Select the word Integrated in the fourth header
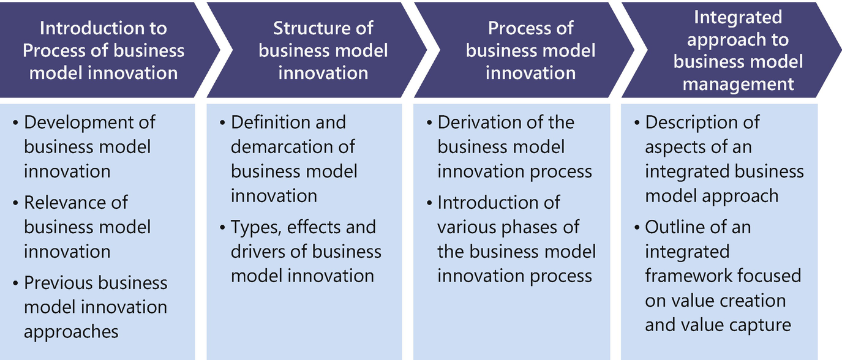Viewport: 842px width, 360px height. [x=738, y=18]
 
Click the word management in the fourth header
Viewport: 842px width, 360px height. [x=739, y=84]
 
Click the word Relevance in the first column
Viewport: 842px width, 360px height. [x=65, y=203]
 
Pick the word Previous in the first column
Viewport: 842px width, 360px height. [x=53, y=283]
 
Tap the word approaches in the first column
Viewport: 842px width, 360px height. [x=71, y=332]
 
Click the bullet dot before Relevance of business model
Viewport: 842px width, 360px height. [x=15, y=203]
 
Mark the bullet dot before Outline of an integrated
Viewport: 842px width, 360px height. [x=636, y=228]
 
